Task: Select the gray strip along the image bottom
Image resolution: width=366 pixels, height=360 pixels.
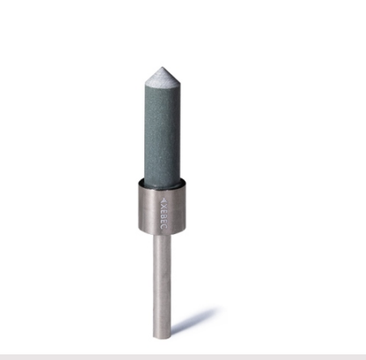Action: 183,356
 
